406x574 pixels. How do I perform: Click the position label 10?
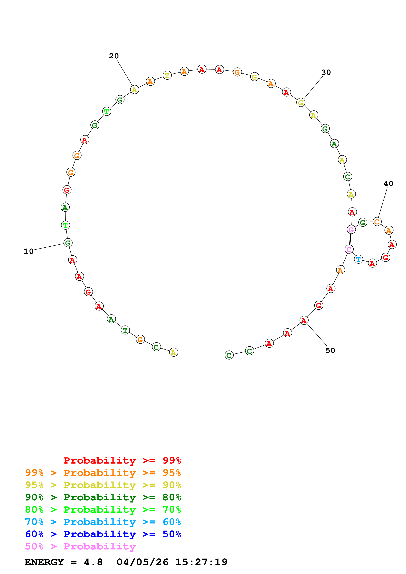29,251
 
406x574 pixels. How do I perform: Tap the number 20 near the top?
114,56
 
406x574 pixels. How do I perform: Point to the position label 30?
326,72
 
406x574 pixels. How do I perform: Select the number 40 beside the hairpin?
388,184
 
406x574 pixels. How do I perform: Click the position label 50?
330,350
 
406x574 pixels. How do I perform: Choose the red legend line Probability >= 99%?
122,460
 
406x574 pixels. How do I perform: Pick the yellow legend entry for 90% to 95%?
103,485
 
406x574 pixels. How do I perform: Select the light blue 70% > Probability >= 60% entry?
103,522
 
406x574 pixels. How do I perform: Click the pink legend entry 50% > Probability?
80,546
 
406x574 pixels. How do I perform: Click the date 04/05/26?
142,562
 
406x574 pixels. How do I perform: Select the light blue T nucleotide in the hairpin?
358,259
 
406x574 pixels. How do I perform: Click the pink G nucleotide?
351,230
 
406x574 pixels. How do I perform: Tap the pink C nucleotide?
349,249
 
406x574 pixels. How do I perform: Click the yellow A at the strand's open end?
174,352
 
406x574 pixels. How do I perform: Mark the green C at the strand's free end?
229,355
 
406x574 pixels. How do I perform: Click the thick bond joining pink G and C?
350,239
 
